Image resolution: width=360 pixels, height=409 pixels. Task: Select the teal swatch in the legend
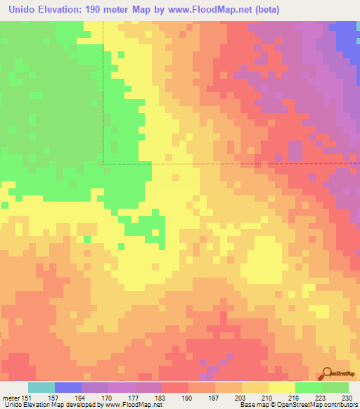[41, 387]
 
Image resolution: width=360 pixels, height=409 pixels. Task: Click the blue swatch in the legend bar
[67, 387]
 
